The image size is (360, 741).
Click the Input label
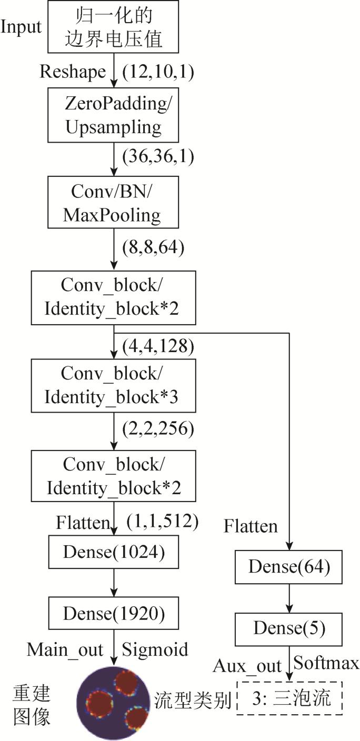21,27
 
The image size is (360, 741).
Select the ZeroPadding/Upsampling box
113,115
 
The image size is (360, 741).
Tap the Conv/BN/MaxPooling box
113,202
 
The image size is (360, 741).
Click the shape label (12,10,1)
158,71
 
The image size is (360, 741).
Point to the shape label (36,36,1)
158,156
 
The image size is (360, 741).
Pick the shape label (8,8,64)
153,247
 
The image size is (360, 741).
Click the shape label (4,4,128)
158,346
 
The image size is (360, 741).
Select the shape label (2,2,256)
158,428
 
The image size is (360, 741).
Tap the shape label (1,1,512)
163,521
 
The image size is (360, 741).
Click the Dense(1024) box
114,552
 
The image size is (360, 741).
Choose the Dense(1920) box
114,613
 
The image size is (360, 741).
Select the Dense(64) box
288,567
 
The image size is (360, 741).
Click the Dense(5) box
288,629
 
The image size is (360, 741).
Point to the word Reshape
73,72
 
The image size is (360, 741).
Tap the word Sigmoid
155,649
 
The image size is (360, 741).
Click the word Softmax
326,663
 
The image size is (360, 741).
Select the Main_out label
65,650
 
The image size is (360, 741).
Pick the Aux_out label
247,666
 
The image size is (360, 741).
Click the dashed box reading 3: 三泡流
290,698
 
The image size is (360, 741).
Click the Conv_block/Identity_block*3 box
114,386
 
